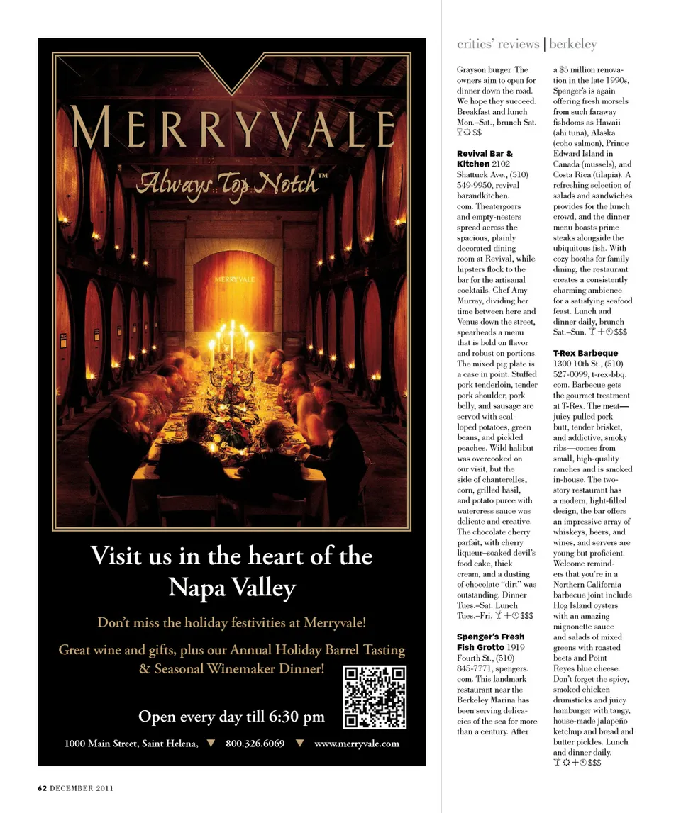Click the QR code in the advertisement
click(x=375, y=697)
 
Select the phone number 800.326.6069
click(x=255, y=744)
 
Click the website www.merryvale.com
click(x=357, y=744)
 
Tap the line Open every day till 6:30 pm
click(x=231, y=716)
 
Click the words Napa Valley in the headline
click(x=231, y=588)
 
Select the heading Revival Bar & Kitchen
click(x=485, y=159)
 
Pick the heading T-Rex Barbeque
click(x=585, y=353)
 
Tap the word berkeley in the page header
click(x=574, y=44)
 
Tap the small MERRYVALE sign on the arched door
click(x=234, y=279)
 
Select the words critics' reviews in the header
click(x=498, y=44)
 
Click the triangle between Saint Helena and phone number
click(x=209, y=744)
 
